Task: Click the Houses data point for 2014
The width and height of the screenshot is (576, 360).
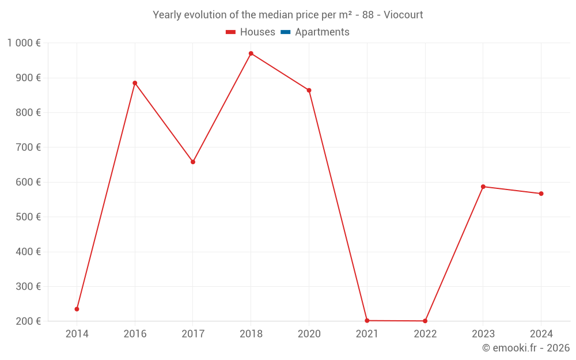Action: pos(77,309)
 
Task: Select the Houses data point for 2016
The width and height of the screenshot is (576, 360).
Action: pos(135,83)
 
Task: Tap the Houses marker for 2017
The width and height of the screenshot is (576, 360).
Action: pos(193,162)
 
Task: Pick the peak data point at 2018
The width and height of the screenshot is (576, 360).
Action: pos(251,54)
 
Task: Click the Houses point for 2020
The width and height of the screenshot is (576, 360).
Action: pos(309,90)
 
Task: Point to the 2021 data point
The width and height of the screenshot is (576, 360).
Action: pos(367,321)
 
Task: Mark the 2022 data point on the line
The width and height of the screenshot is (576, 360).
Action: pos(425,321)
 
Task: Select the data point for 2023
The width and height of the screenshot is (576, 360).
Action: pos(483,187)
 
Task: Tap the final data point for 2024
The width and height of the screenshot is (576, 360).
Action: pos(541,194)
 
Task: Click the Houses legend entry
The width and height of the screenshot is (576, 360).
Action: pos(251,32)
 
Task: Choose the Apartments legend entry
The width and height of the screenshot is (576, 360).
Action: pos(315,32)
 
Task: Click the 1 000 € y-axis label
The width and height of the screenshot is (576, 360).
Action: pos(24,43)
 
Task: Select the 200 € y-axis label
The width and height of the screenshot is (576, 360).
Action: pos(29,321)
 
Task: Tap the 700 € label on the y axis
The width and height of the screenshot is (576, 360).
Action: pos(29,147)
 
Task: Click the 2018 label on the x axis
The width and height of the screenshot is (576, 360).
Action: pos(251,334)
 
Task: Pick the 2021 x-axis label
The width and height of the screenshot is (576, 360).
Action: pos(367,334)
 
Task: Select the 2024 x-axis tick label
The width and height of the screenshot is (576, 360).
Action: pos(541,334)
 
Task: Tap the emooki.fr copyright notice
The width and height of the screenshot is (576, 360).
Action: pos(526,348)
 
